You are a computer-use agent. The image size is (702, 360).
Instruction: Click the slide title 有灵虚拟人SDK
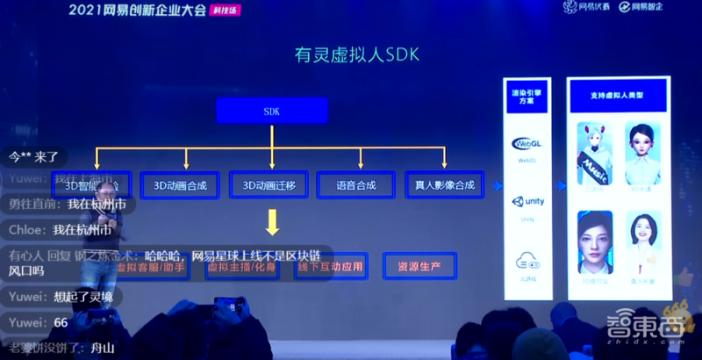[356, 54]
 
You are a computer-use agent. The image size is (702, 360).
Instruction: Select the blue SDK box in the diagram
[272, 111]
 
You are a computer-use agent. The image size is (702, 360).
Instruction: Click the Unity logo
[527, 202]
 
